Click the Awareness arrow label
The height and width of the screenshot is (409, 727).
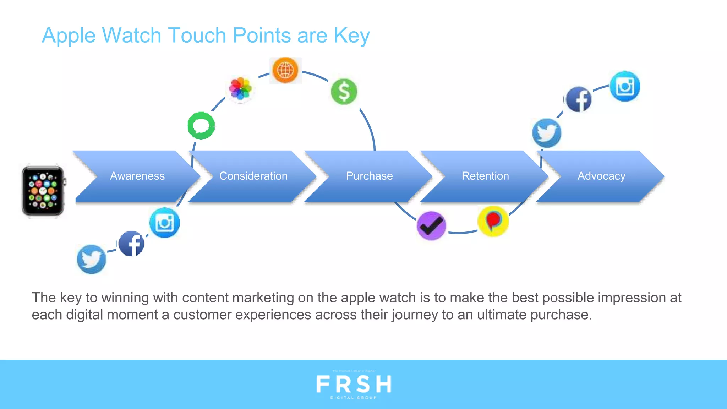pyautogui.click(x=137, y=176)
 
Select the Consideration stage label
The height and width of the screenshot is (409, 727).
pyautogui.click(x=253, y=176)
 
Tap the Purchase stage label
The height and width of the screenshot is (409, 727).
pyautogui.click(x=369, y=176)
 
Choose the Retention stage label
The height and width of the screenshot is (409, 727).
pyautogui.click(x=485, y=176)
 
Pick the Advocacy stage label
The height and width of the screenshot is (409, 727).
pyautogui.click(x=601, y=176)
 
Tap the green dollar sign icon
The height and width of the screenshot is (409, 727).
pyautogui.click(x=344, y=92)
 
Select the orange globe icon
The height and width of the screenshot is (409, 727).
pyautogui.click(x=285, y=70)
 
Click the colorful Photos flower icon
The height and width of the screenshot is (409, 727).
pyautogui.click(x=240, y=88)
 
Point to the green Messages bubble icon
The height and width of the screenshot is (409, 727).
pyautogui.click(x=201, y=126)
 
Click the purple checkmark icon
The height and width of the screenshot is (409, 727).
pyautogui.click(x=431, y=226)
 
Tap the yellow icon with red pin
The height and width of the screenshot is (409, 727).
pyautogui.click(x=493, y=221)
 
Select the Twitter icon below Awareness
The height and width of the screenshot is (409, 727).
pyautogui.click(x=91, y=259)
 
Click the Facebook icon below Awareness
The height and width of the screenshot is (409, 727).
pyautogui.click(x=131, y=244)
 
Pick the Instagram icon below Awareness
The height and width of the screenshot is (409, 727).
pyautogui.click(x=164, y=223)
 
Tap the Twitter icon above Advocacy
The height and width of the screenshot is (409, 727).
pyautogui.click(x=547, y=133)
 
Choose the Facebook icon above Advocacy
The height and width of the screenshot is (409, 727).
pyautogui.click(x=579, y=99)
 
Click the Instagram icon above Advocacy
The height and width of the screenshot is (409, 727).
pyautogui.click(x=625, y=86)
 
